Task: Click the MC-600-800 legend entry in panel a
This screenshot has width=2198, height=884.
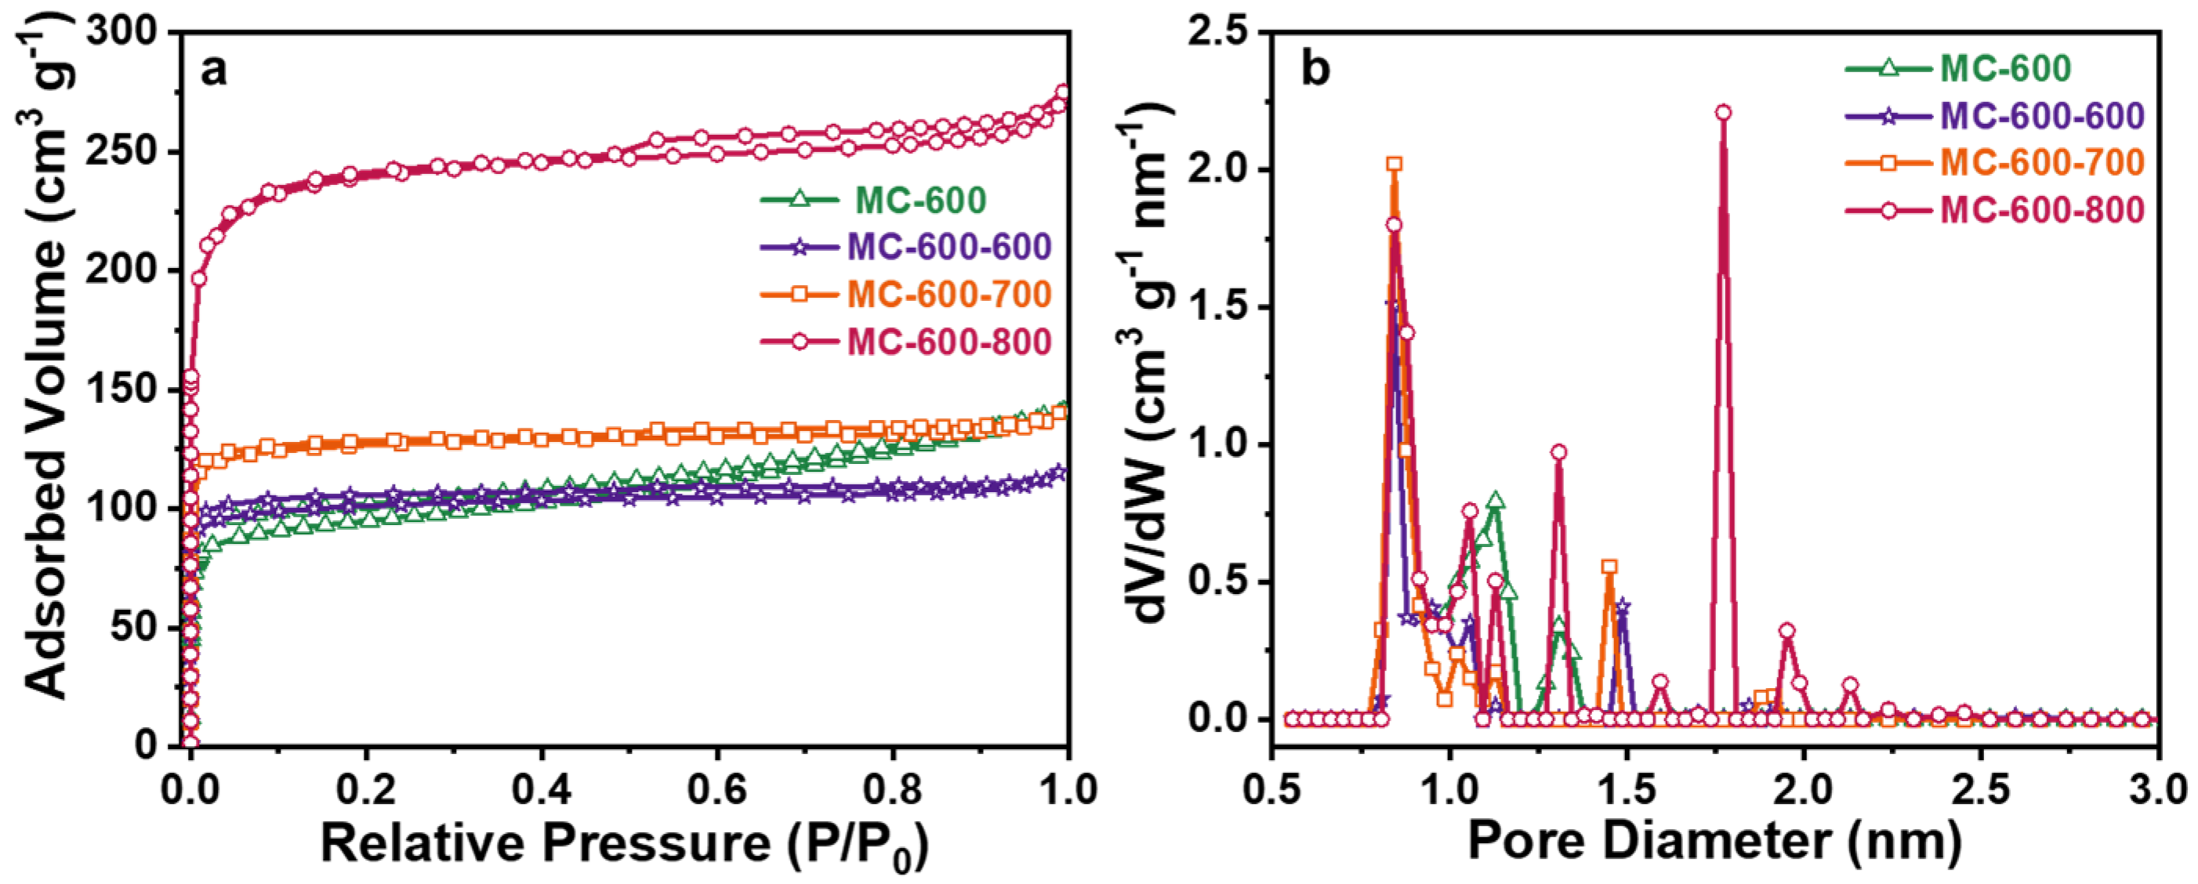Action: point(905,342)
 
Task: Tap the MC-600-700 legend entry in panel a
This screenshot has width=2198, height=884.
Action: point(905,295)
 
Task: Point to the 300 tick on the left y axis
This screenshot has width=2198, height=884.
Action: point(132,32)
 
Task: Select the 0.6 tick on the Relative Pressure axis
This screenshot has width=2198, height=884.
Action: point(716,789)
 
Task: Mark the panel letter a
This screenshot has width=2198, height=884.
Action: point(213,71)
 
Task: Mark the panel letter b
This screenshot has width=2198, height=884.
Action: point(1315,71)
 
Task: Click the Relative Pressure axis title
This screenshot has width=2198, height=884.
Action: point(623,846)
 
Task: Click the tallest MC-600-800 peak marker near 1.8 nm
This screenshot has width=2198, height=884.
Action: point(1724,113)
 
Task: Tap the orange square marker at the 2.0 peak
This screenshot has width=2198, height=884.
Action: point(1395,164)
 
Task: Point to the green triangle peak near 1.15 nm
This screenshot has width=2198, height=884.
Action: point(1495,501)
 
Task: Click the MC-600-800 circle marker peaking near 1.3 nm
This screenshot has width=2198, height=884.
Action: point(1559,452)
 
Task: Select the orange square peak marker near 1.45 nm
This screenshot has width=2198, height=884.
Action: point(1609,567)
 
